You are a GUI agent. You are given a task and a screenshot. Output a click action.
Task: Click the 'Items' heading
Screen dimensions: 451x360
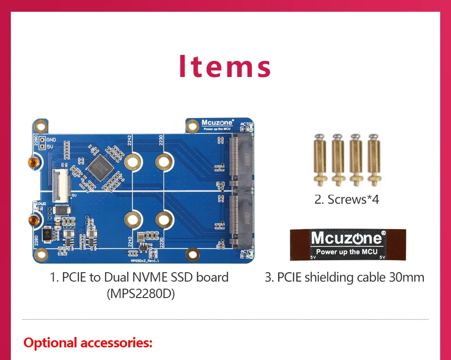click(x=225, y=66)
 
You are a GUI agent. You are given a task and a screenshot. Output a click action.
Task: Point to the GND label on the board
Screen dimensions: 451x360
click(x=51, y=140)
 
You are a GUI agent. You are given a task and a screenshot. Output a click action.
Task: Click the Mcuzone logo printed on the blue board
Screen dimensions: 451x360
click(x=218, y=123)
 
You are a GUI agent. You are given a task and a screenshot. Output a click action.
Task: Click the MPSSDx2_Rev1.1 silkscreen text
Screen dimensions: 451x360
click(x=145, y=259)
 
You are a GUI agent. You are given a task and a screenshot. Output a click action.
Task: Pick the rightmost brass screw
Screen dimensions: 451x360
click(x=373, y=160)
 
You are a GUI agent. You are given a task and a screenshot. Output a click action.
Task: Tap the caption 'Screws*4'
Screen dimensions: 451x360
click(x=347, y=199)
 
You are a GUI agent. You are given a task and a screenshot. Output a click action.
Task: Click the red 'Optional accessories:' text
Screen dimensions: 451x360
click(x=88, y=343)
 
